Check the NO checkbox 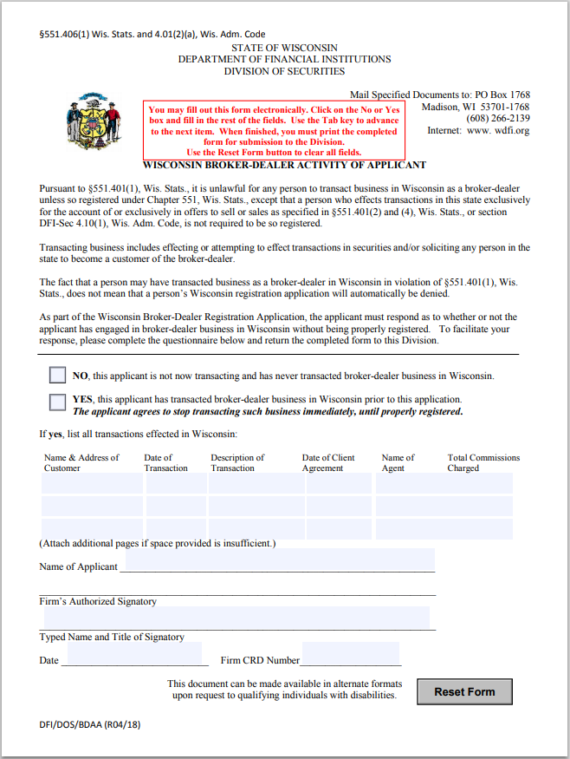point(58,376)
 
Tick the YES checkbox point(58,402)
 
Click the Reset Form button point(464,691)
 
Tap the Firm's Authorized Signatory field point(236,617)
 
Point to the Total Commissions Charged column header point(483,462)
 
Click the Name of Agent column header point(398,462)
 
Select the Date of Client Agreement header point(328,462)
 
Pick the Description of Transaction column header point(237,462)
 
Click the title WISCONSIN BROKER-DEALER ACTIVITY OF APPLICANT point(284,165)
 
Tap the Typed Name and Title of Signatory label point(112,637)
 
